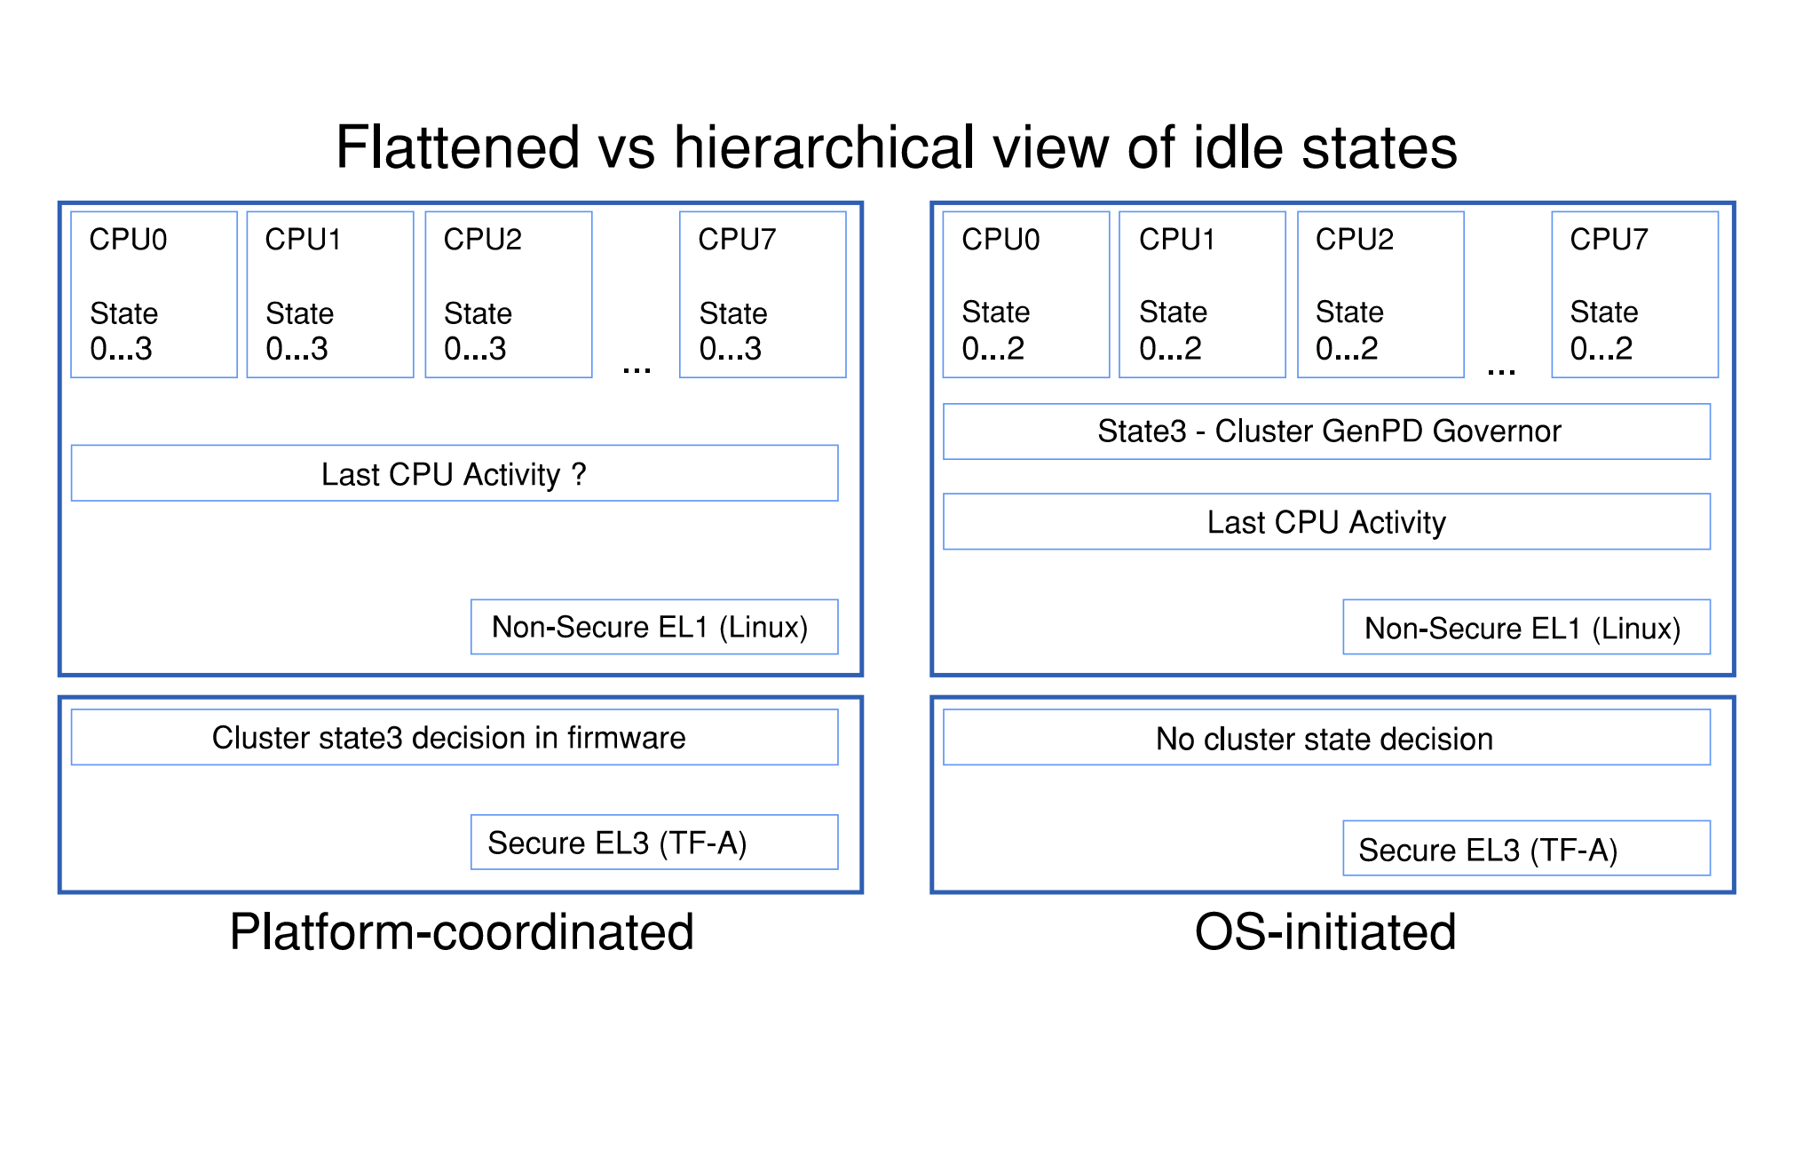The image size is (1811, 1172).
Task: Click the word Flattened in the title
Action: coord(457,147)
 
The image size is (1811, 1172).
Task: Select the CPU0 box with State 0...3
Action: coord(154,295)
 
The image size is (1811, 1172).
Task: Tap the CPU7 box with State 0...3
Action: coord(763,295)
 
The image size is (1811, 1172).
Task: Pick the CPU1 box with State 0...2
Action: coord(1202,295)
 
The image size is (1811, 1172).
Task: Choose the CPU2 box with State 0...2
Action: coord(1380,295)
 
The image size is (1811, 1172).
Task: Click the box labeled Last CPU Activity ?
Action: coord(454,473)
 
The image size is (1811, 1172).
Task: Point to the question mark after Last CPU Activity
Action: coord(579,474)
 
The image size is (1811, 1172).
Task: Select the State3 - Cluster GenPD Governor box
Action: coord(1326,432)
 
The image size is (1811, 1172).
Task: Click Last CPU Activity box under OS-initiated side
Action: coord(1326,522)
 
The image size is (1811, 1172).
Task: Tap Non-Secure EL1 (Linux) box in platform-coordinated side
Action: coord(654,627)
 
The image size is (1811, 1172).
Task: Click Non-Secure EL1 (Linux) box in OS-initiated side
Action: coord(1526,628)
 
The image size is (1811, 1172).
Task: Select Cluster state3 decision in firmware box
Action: coord(454,737)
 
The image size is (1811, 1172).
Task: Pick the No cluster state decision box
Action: coord(1326,738)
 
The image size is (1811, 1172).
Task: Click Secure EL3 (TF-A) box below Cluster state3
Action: coord(654,842)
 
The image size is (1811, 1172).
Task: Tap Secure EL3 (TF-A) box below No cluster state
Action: coord(1526,849)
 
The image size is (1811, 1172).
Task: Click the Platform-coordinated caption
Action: coord(462,932)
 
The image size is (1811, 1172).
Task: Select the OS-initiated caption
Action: coord(1325,932)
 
